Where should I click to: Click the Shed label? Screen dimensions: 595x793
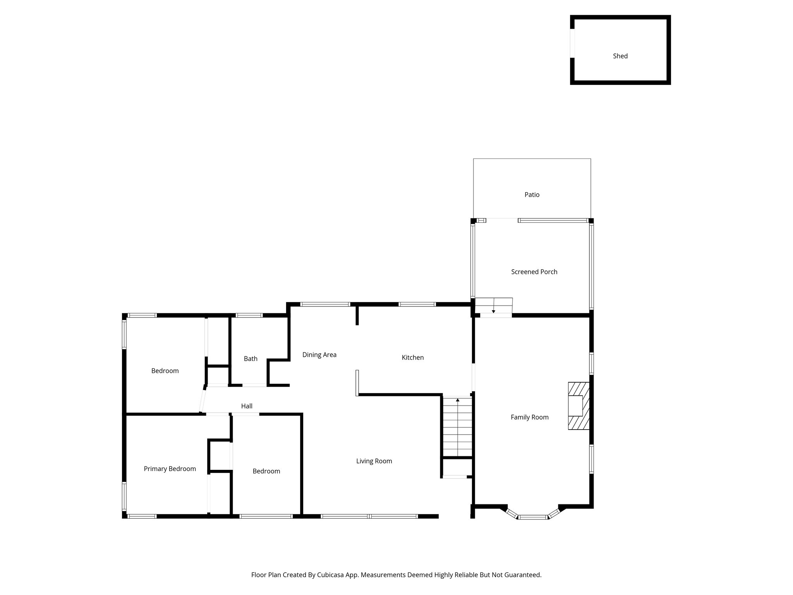(620, 56)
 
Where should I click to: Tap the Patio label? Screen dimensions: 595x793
(532, 195)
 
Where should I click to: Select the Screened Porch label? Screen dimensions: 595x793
(534, 272)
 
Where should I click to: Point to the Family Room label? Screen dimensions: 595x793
(529, 417)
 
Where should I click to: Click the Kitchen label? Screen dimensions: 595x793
(412, 358)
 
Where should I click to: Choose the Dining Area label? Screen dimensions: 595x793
(319, 355)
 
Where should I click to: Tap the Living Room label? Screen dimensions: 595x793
(374, 461)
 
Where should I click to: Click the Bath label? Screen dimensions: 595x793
(251, 359)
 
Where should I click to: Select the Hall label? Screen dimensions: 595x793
(247, 406)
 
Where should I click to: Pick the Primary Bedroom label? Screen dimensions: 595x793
(170, 469)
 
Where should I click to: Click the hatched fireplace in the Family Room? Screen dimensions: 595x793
(578, 406)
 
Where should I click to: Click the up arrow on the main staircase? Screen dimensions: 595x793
(458, 399)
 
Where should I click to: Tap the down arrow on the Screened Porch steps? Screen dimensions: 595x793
(493, 311)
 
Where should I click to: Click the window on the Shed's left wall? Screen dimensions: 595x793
(572, 43)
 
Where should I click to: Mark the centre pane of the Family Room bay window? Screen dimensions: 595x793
(533, 517)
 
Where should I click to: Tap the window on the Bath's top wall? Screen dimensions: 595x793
(249, 315)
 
